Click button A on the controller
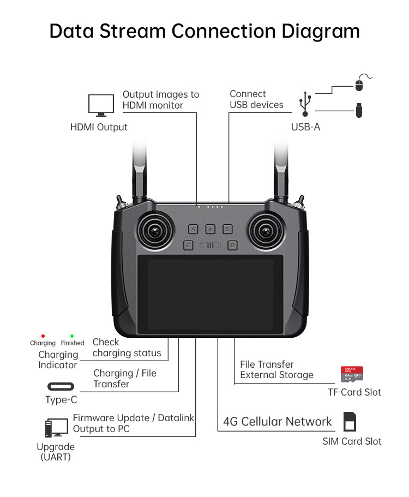coord(194,229)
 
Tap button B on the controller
coord(227,229)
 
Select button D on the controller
coord(232,245)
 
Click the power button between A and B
coord(210,229)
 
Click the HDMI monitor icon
coord(101,105)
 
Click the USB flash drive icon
coord(359,111)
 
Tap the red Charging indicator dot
coord(43,336)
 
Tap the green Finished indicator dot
coord(72,336)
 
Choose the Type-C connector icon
coord(61,387)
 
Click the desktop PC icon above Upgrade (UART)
coord(56,427)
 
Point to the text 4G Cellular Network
coord(277,422)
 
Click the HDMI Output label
coord(99,127)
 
